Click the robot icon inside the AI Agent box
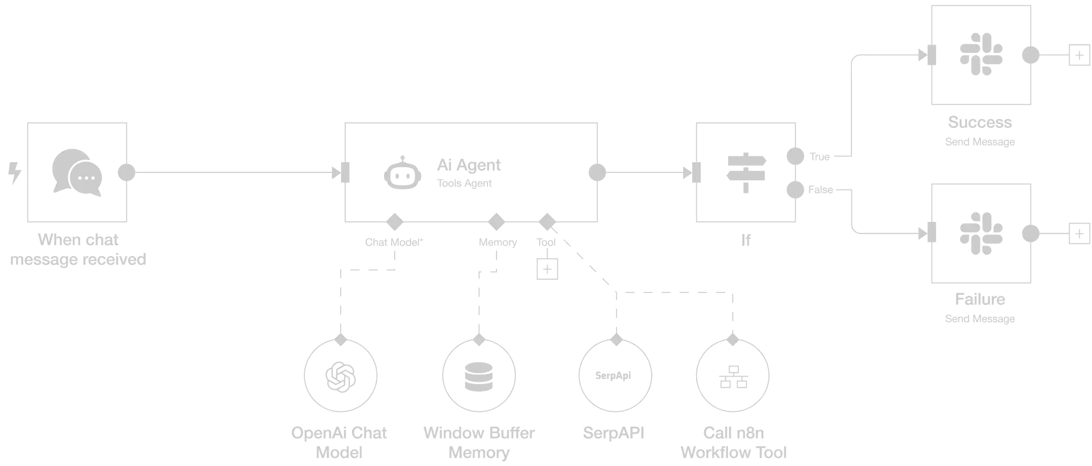[402, 174]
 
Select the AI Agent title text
[470, 165]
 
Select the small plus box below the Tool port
[545, 268]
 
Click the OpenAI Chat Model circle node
[339, 375]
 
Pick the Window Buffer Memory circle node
[479, 375]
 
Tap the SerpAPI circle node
[616, 375]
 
